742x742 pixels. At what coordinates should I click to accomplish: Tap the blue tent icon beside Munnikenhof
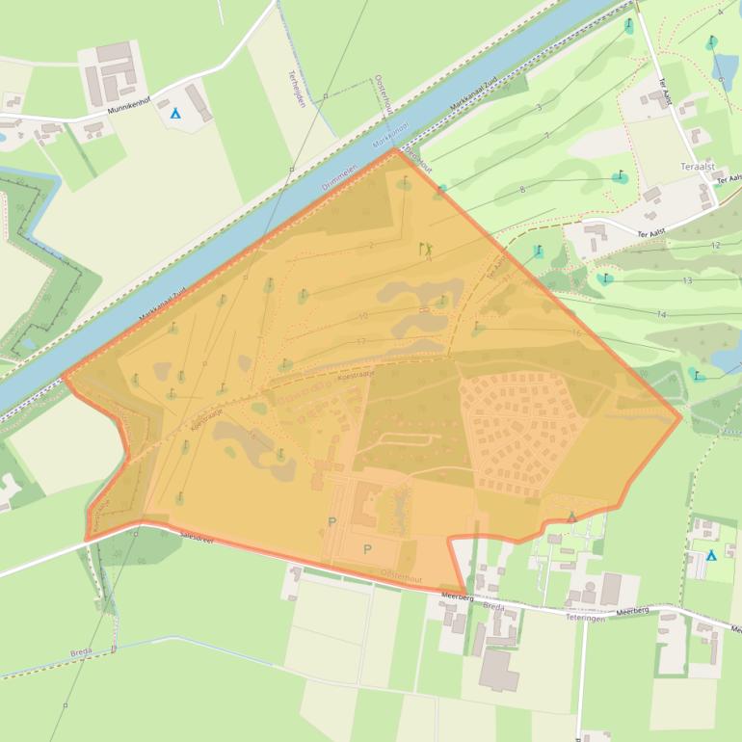[x=174, y=114]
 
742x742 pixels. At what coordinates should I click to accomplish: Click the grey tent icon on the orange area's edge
[x=571, y=517]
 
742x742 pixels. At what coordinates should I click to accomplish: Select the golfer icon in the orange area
[x=426, y=251]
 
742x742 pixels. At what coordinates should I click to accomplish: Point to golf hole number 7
[x=546, y=136]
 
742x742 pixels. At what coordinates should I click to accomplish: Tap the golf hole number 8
[x=522, y=189]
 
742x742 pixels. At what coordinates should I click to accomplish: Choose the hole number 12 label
[x=715, y=246]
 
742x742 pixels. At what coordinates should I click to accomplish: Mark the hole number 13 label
[x=687, y=280]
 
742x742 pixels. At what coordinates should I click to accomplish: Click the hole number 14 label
[x=661, y=314]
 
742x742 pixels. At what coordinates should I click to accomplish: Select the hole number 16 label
[x=575, y=332]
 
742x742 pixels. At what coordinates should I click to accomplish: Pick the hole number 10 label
[x=362, y=316]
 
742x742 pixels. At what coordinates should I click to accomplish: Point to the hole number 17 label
[x=360, y=341]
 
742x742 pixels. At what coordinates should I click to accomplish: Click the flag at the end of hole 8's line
[x=620, y=177]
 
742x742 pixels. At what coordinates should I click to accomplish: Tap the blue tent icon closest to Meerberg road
[x=711, y=555]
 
